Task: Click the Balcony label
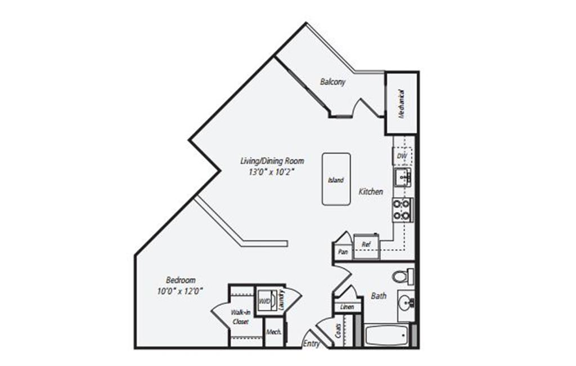click(x=332, y=82)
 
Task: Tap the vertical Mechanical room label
click(x=402, y=104)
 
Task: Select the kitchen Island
click(x=336, y=180)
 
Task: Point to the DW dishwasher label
click(x=402, y=156)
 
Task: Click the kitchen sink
click(x=403, y=177)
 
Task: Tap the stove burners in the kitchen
click(x=402, y=209)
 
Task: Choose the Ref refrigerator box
click(x=366, y=244)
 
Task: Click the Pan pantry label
click(x=343, y=252)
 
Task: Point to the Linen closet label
click(x=347, y=307)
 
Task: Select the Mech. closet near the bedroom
click(x=274, y=332)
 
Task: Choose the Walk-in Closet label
click(x=240, y=316)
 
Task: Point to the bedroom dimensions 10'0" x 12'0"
click(x=179, y=291)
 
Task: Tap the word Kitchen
click(x=371, y=191)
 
